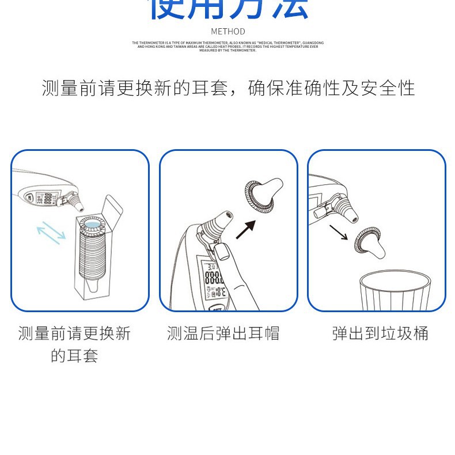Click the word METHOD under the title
point(227,31)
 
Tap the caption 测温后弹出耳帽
point(223,333)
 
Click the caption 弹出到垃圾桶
point(380,333)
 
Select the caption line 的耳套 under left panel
point(75,355)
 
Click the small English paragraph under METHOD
point(227,47)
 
